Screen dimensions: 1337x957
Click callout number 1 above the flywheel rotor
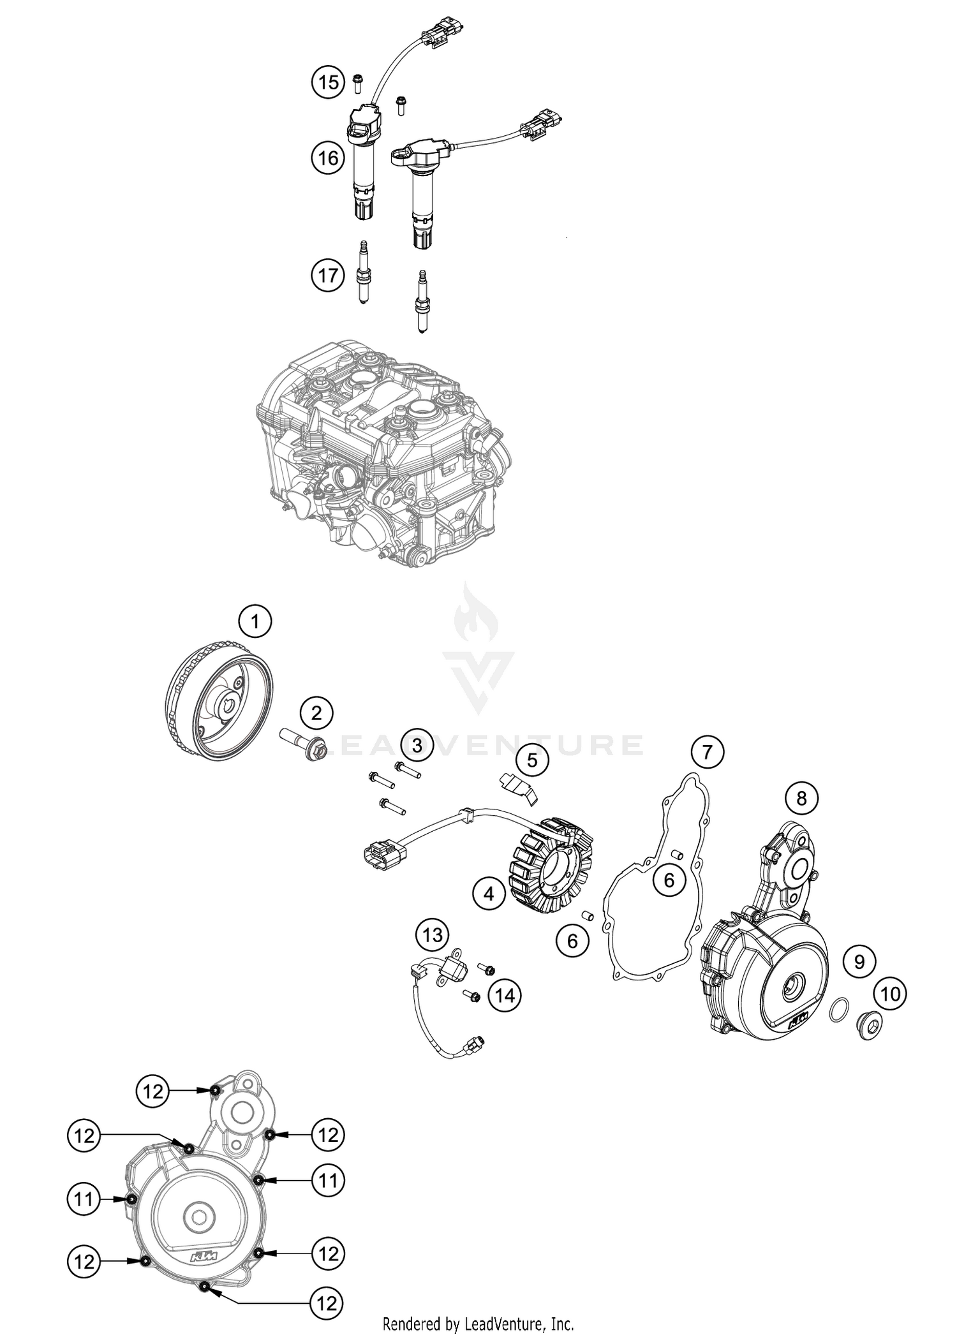[x=255, y=620]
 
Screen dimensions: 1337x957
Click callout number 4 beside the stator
[x=489, y=894]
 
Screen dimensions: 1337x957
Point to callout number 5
[x=532, y=760]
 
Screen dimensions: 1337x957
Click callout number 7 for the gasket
[x=706, y=753]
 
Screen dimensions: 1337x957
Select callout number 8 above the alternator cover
[x=801, y=798]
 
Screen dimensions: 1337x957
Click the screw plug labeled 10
[x=868, y=1026]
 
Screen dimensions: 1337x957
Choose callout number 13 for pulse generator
[x=433, y=936]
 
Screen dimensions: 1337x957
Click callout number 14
[x=505, y=994]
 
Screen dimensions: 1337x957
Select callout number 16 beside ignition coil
[x=328, y=157]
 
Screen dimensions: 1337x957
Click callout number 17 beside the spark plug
[x=328, y=276]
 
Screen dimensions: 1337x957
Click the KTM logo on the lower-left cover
[x=203, y=1255]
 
